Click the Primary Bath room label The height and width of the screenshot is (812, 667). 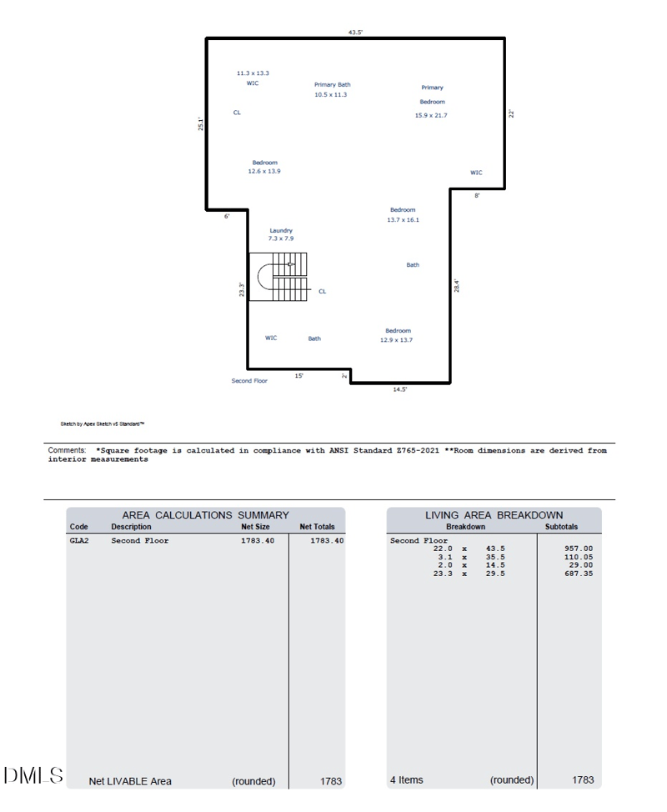(x=332, y=84)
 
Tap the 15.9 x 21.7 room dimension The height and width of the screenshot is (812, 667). (x=431, y=116)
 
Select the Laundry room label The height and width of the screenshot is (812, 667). (x=281, y=230)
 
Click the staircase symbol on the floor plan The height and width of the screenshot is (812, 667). (x=279, y=277)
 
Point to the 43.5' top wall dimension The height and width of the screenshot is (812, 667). (x=355, y=33)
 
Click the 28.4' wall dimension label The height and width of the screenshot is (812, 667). (x=457, y=285)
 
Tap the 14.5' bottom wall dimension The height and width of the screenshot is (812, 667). (x=400, y=389)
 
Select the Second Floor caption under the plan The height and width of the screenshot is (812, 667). (x=249, y=381)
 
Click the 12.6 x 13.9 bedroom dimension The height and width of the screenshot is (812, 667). (x=264, y=172)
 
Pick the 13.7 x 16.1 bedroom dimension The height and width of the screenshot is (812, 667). (x=403, y=219)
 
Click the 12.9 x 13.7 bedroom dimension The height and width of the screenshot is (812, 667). (x=396, y=340)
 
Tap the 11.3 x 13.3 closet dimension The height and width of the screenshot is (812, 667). (x=253, y=73)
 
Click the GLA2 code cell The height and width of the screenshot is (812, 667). (x=79, y=541)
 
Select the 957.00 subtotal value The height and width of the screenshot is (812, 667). (x=579, y=549)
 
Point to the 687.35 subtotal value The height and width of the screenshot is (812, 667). (x=579, y=574)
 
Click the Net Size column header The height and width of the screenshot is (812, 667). (x=255, y=527)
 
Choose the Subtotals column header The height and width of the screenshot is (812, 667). (x=561, y=527)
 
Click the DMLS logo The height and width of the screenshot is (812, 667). (x=33, y=775)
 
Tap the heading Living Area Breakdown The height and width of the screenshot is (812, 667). (x=494, y=515)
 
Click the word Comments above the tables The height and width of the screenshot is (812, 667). (x=67, y=450)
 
